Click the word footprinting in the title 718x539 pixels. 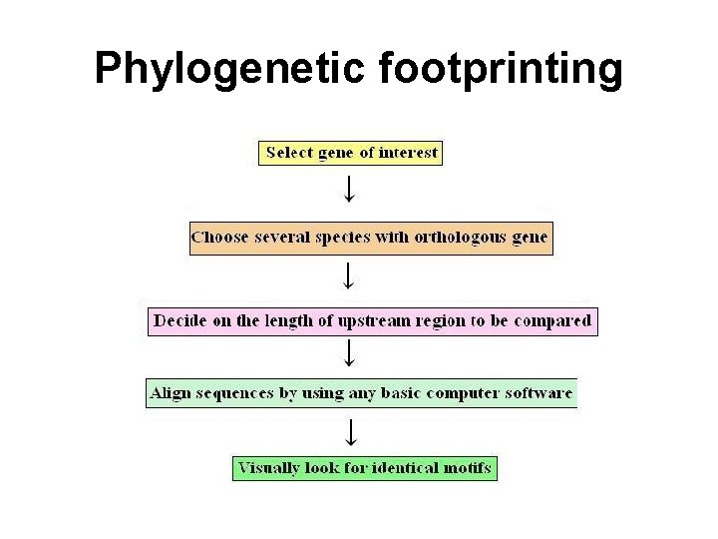coord(501,69)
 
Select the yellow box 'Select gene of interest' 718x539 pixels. coord(351,153)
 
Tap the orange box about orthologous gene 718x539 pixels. coord(370,238)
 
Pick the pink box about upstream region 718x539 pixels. coord(372,321)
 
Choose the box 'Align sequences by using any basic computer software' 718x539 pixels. coord(361,393)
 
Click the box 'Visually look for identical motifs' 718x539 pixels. coord(364,468)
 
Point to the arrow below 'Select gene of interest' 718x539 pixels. coord(349,189)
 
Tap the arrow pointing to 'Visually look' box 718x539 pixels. coord(349,430)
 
